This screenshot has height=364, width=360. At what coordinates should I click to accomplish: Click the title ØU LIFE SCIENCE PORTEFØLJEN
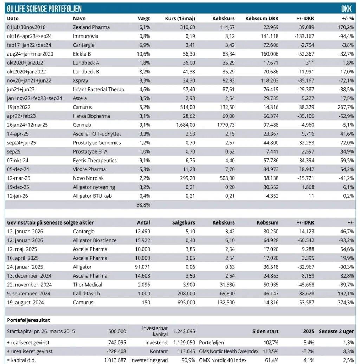point(44,9)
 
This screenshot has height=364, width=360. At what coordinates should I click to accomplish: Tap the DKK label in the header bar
point(346,9)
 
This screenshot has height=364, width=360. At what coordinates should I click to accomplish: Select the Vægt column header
point(143,19)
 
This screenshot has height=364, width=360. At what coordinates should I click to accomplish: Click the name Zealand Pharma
point(91,27)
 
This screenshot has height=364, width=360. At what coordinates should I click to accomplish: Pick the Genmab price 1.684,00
point(186,125)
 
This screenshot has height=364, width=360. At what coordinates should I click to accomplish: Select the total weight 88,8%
point(143,205)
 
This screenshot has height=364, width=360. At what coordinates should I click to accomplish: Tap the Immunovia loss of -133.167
point(304,36)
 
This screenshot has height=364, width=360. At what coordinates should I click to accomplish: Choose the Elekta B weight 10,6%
point(143,54)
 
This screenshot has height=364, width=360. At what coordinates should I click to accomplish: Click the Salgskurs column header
point(184,223)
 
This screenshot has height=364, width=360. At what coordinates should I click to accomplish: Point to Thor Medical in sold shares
point(87,285)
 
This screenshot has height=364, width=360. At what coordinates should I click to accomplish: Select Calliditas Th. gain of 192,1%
point(346,294)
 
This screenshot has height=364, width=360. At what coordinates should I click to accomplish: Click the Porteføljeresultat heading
point(28,320)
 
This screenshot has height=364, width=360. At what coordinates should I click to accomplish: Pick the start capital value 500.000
point(117,331)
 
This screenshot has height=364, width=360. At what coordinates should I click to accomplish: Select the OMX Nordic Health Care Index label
point(229,351)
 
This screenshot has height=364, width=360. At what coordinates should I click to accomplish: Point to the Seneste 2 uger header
point(336,332)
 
